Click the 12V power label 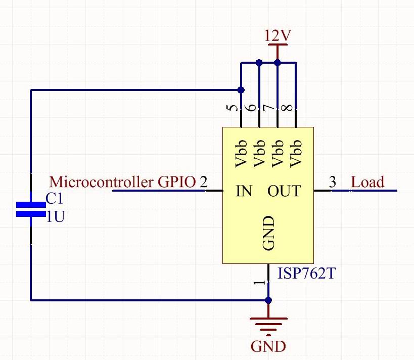coord(278,36)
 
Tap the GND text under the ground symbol coord(268,346)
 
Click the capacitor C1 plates coord(31,209)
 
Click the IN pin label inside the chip coord(244,191)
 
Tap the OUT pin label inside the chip coord(284,191)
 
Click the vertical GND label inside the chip coord(268,233)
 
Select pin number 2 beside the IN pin coord(204,182)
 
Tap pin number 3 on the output coord(332,182)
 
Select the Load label coord(367,182)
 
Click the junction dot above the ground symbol coord(268,300)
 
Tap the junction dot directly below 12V coord(277,63)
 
